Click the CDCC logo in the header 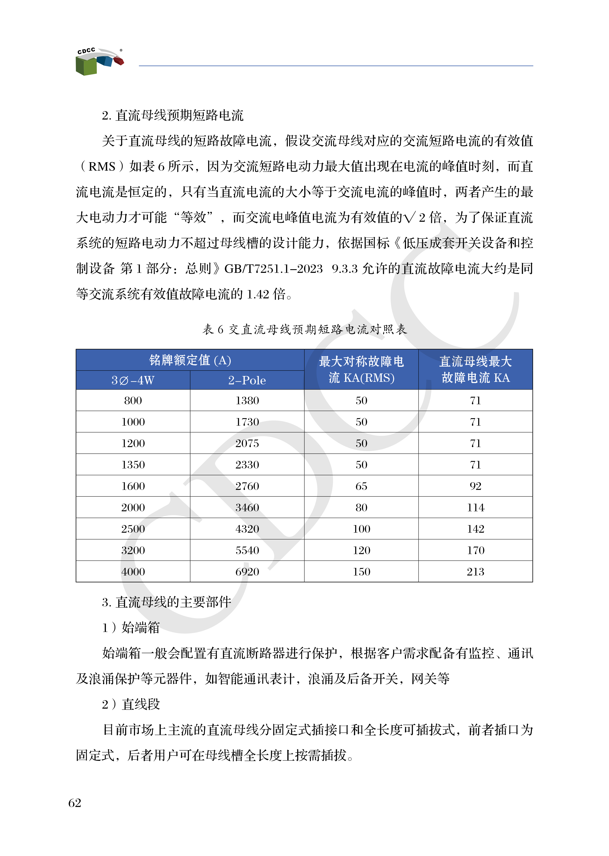(x=99, y=61)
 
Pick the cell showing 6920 (x=247, y=572)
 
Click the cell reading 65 (x=361, y=486)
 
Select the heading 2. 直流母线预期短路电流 (x=172, y=115)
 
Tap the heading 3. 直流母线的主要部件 (x=166, y=602)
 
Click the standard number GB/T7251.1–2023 (x=273, y=269)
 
